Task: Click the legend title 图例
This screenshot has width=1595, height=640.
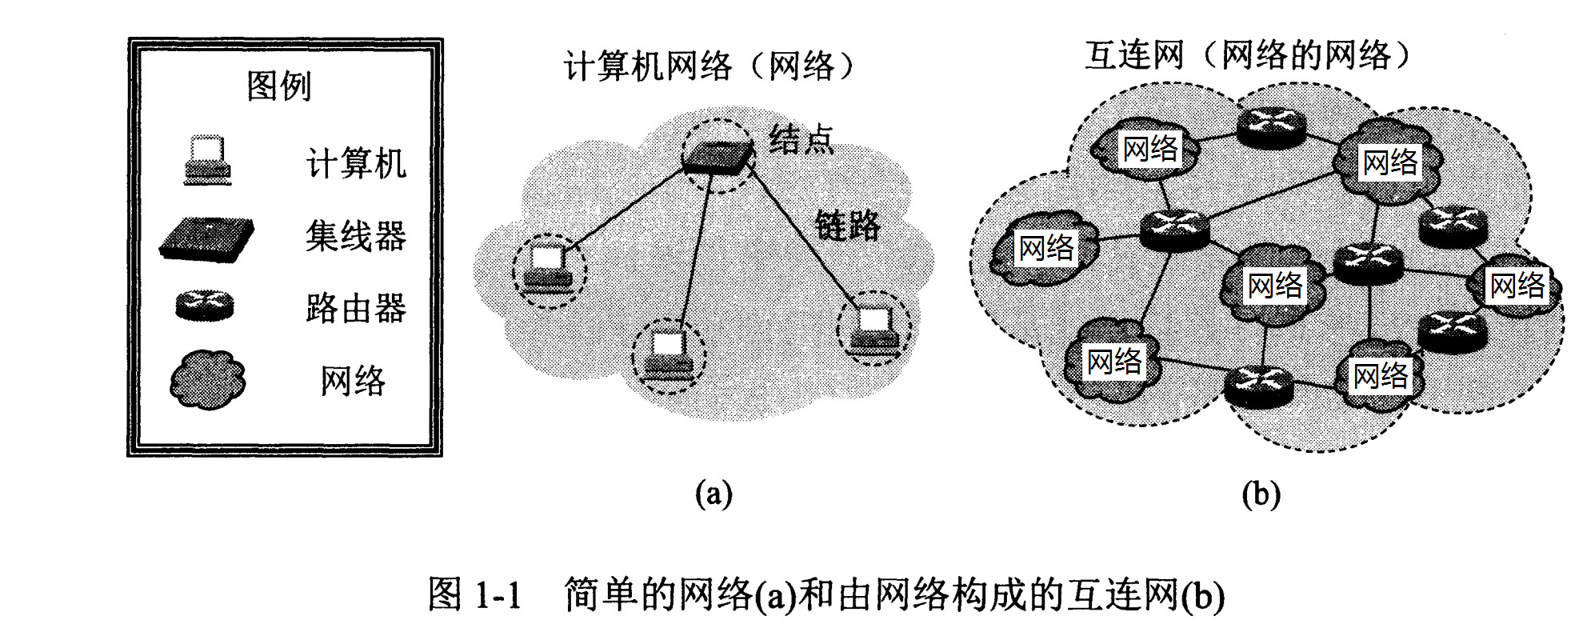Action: tap(278, 86)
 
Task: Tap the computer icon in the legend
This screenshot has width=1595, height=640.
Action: tap(207, 161)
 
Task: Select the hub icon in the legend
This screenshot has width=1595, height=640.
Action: tap(206, 238)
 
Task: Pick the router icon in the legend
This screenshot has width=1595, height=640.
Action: tap(205, 306)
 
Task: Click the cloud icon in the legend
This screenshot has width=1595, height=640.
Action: tap(207, 379)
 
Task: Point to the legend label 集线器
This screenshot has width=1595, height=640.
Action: tap(356, 237)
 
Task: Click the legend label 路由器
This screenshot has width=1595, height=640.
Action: tap(356, 308)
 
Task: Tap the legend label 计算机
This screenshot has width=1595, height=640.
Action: tap(356, 164)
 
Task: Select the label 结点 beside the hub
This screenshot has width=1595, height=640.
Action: tap(801, 140)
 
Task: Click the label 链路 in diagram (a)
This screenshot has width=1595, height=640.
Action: tap(847, 226)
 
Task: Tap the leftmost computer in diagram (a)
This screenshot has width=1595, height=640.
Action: tap(548, 269)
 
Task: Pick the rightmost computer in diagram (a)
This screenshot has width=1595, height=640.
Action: tap(873, 328)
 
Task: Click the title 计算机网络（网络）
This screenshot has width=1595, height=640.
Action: tap(710, 66)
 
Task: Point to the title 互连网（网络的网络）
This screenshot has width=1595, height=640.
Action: tap(1248, 55)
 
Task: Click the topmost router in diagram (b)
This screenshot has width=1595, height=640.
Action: tap(1271, 126)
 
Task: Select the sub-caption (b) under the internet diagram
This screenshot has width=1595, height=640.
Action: tap(1261, 494)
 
